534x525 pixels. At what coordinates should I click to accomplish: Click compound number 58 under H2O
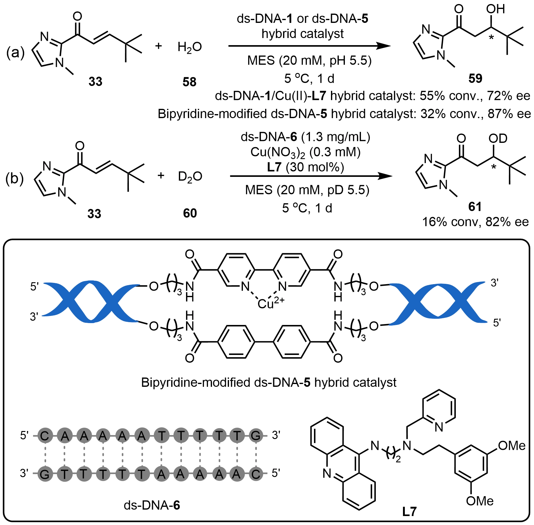(x=189, y=82)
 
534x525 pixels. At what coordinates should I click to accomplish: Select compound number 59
(x=475, y=79)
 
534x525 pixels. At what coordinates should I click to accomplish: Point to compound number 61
(x=475, y=207)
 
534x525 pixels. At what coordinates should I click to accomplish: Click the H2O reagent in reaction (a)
(x=190, y=47)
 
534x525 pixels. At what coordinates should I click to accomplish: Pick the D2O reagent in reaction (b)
(x=190, y=177)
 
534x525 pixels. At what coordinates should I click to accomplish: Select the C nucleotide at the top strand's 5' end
(x=44, y=436)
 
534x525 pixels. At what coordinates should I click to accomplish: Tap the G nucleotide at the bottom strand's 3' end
(x=44, y=474)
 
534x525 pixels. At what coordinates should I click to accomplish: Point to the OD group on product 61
(x=498, y=139)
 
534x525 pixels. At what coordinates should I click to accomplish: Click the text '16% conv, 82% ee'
(x=475, y=222)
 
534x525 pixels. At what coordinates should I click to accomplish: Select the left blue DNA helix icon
(x=90, y=301)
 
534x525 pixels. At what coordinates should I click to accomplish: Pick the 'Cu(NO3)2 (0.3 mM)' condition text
(x=305, y=152)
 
